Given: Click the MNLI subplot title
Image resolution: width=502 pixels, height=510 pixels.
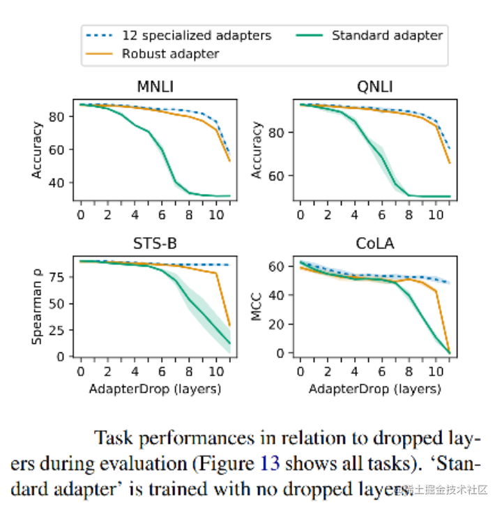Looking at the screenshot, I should click(x=155, y=87).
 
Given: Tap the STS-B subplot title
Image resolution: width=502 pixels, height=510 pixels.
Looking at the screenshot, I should click(x=155, y=243).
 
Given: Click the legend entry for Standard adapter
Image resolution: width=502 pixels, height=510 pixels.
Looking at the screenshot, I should click(x=387, y=35).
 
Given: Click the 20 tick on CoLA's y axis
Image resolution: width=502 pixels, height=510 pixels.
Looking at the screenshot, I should click(x=276, y=324).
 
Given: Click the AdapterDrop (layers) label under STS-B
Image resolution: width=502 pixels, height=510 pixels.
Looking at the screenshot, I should click(x=155, y=388).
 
